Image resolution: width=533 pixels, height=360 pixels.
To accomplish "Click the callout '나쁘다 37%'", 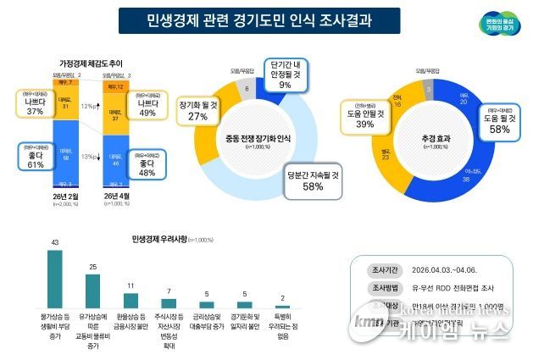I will (x=35, y=104).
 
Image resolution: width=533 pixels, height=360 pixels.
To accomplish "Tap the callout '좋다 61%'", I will (x=35, y=159).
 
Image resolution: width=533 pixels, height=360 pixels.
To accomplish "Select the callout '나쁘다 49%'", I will (x=147, y=107).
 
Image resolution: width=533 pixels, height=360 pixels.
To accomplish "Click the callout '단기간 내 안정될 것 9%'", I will (x=284, y=74).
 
